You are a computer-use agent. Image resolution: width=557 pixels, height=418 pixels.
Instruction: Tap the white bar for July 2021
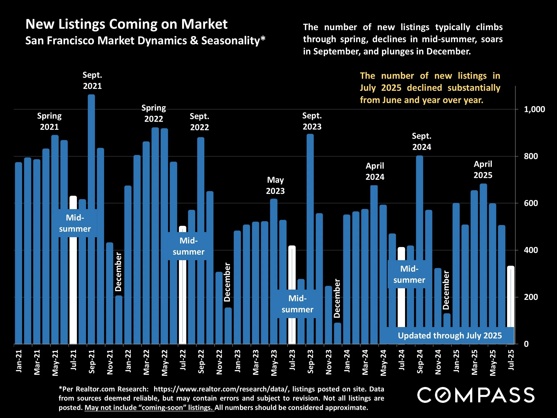pos(73,290)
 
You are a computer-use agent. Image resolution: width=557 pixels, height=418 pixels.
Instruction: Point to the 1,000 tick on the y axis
pos(534,109)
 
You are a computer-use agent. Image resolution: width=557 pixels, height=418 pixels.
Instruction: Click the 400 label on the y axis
pos(531,250)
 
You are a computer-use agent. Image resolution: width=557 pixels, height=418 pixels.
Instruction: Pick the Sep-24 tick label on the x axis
pos(420,362)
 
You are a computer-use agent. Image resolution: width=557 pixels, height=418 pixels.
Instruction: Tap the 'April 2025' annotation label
pos(483,170)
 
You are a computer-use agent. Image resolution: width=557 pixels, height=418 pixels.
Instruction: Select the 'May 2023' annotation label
pos(275,185)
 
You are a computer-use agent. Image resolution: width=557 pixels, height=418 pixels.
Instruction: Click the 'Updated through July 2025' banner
pos(450,336)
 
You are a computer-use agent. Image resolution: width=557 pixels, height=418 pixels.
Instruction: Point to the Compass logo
pos(476,395)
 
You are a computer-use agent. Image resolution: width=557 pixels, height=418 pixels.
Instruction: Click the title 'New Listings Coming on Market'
pos(126,24)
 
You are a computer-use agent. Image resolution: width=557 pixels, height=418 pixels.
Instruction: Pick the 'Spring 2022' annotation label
pos(154,113)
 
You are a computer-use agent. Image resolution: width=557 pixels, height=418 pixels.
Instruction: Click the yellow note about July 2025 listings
pos(430,88)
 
